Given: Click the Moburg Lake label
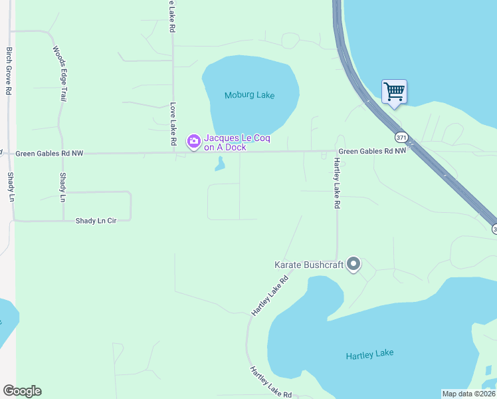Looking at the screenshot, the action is click(249, 95).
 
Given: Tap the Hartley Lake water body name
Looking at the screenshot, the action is click(369, 354).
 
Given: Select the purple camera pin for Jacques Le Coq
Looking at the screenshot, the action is click(193, 141).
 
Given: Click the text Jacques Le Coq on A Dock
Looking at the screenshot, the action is click(225, 142).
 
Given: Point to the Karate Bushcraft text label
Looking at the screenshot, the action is click(309, 265).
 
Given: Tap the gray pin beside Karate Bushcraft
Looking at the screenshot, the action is click(353, 265).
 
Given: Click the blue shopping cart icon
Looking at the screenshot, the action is click(394, 91).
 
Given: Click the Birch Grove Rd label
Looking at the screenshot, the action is click(9, 70).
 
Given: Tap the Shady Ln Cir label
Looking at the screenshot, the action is click(96, 220).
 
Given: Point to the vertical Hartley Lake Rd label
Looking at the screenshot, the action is click(337, 184).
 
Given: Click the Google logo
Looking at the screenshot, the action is click(22, 391).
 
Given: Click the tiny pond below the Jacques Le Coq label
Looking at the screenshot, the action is click(220, 164).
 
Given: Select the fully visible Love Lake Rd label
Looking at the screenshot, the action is click(173, 124).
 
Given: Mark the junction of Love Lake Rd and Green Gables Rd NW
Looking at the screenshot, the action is click(173, 152).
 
